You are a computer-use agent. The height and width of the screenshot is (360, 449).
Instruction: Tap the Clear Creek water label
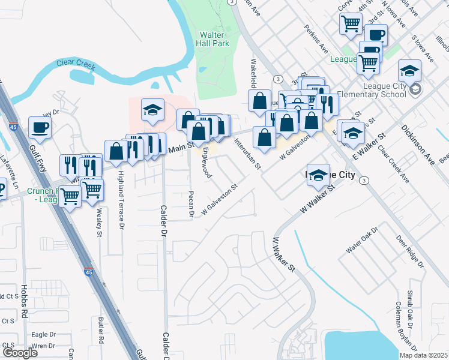pos(76,64)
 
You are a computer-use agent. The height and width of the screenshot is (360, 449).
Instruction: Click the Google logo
pos(20,353)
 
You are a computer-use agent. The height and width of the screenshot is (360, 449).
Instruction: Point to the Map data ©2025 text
pos(423,355)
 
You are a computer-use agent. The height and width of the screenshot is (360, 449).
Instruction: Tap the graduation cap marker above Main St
pos(152,110)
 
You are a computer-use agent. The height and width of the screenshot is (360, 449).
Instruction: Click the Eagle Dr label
pos(43,335)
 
